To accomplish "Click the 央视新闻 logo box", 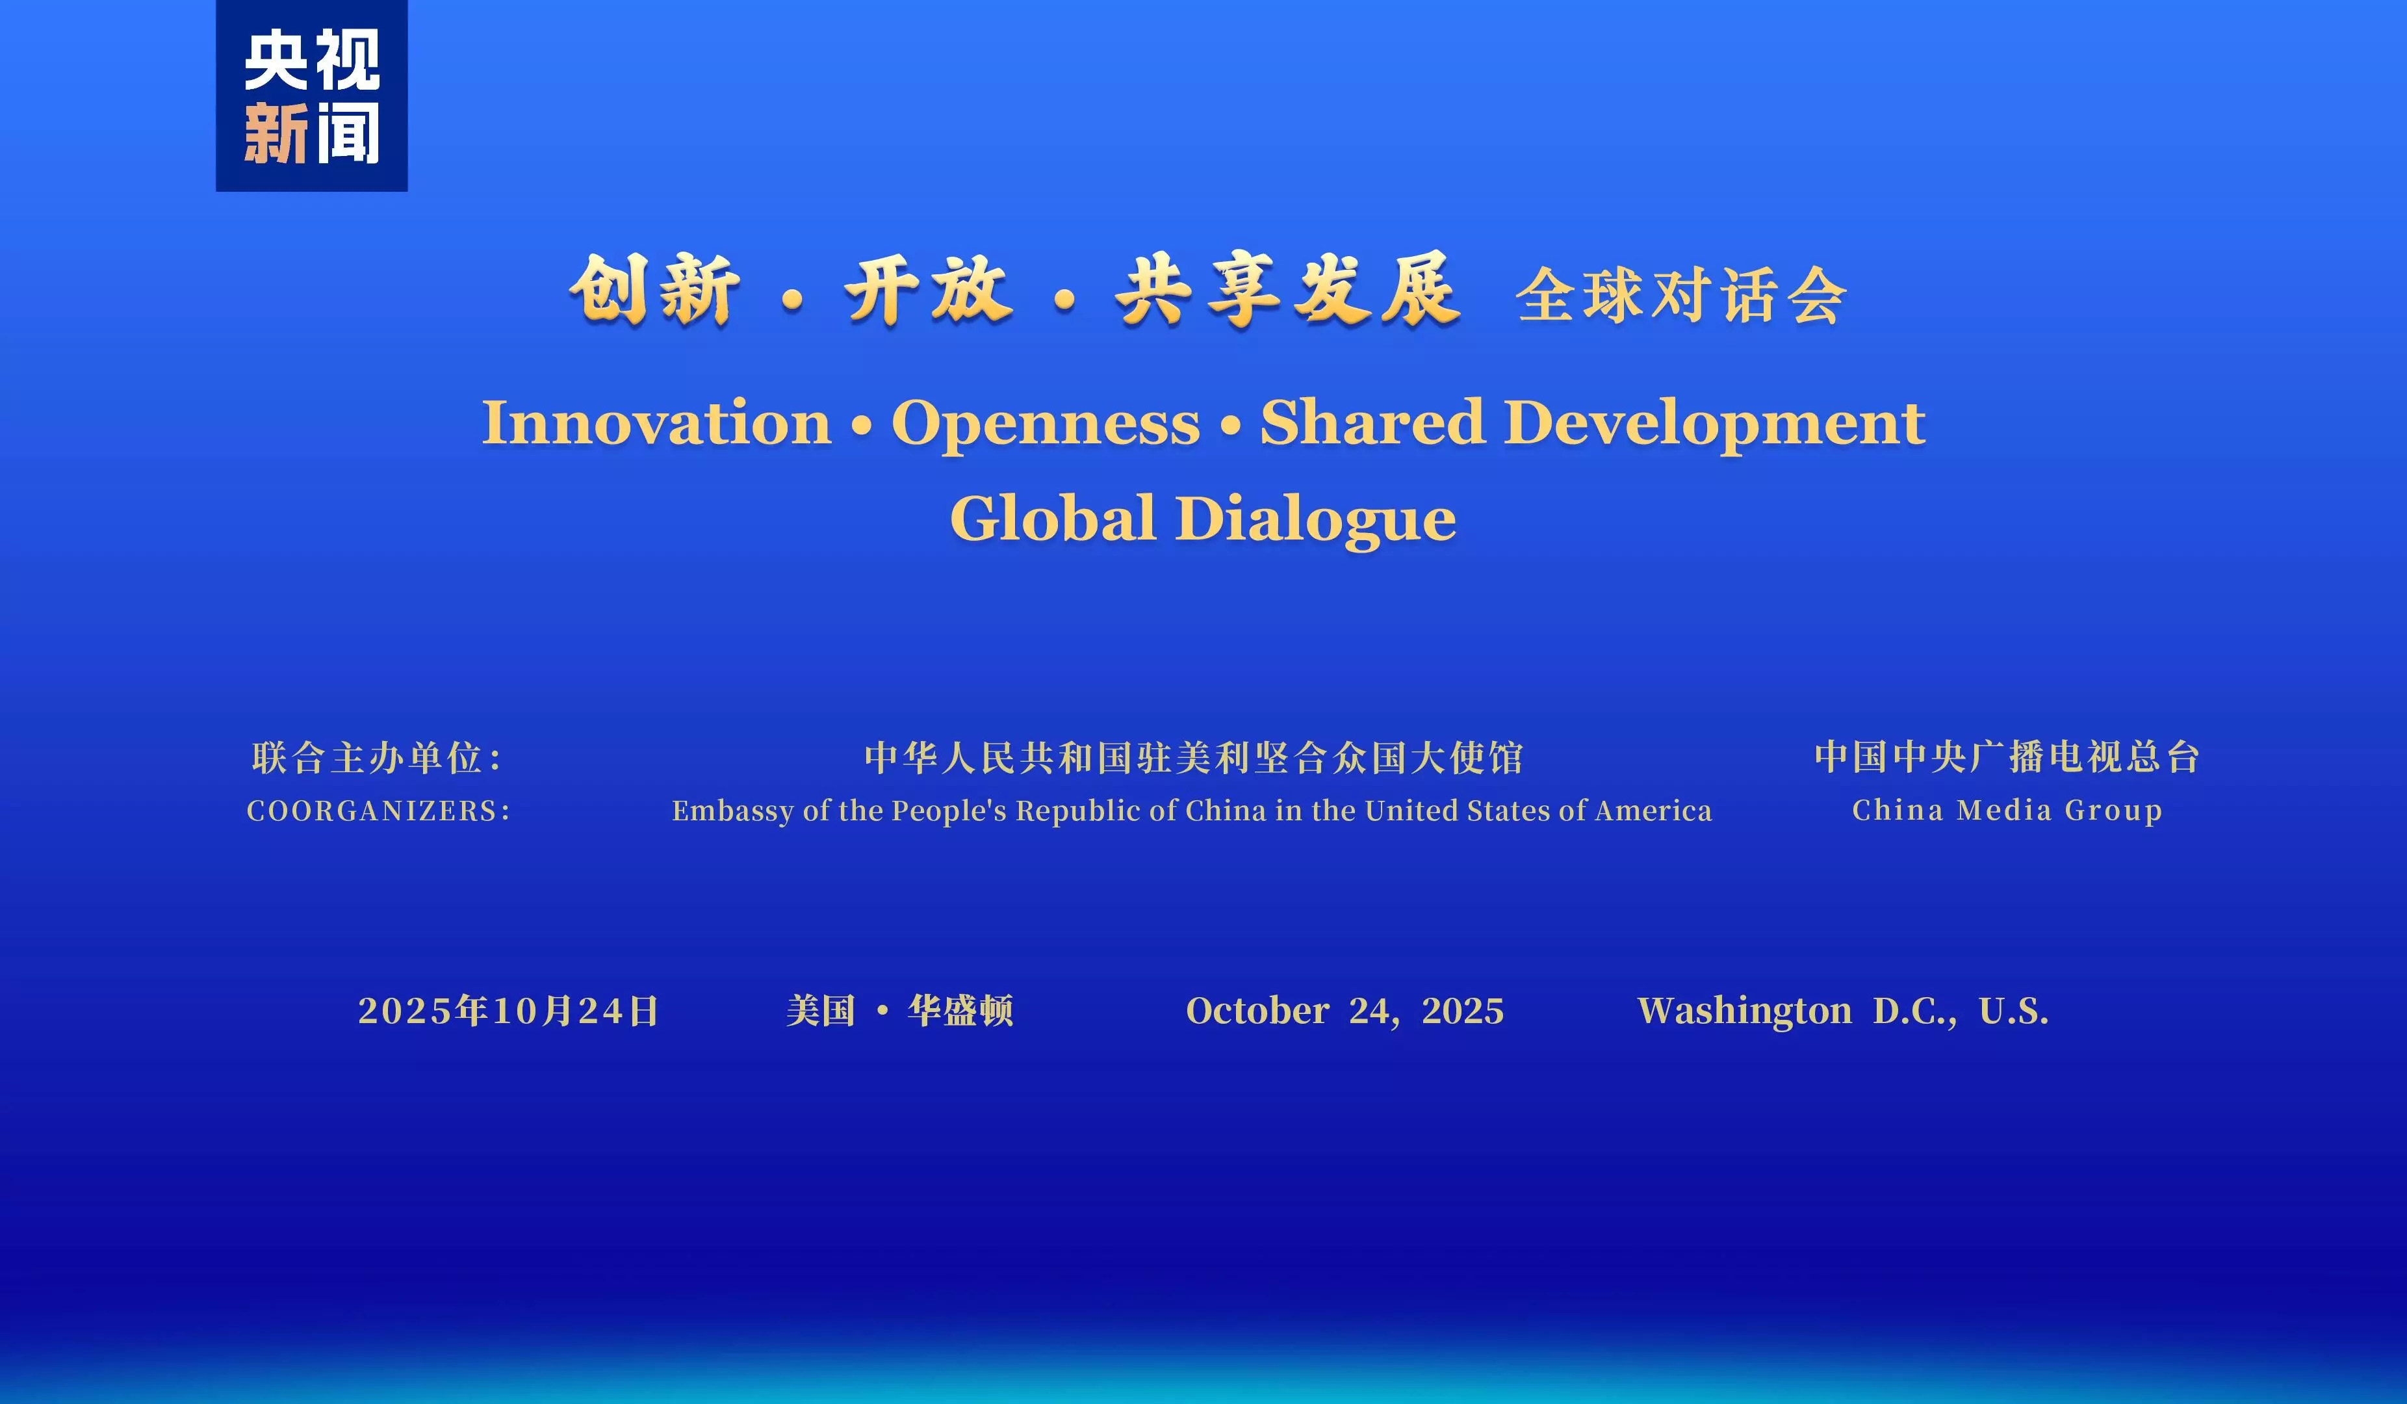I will [311, 96].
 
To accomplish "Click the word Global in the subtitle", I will [1053, 519].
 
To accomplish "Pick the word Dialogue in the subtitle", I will [1315, 519].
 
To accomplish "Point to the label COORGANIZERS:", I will [378, 811].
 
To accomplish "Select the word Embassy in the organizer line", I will [732, 811].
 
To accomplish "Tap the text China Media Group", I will [2007, 810].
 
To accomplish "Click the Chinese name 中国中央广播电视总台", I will [2007, 757].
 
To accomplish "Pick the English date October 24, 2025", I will [1344, 1011].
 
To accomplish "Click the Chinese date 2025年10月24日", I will [508, 1011].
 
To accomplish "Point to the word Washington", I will [1744, 1011].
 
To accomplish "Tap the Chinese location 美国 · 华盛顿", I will [899, 1011].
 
